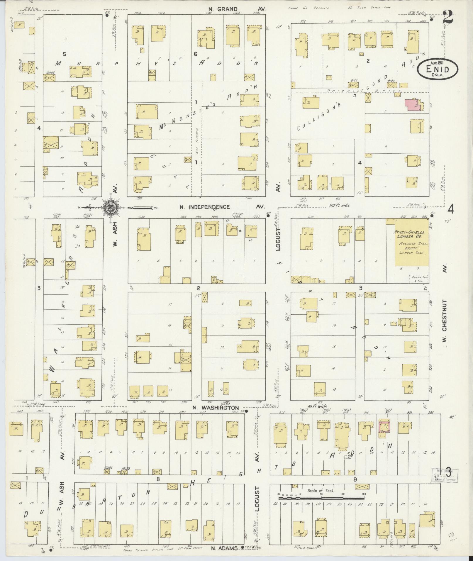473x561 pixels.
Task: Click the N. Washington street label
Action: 216,408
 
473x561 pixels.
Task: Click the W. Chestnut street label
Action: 444,315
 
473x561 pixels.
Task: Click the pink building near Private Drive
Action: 413,105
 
